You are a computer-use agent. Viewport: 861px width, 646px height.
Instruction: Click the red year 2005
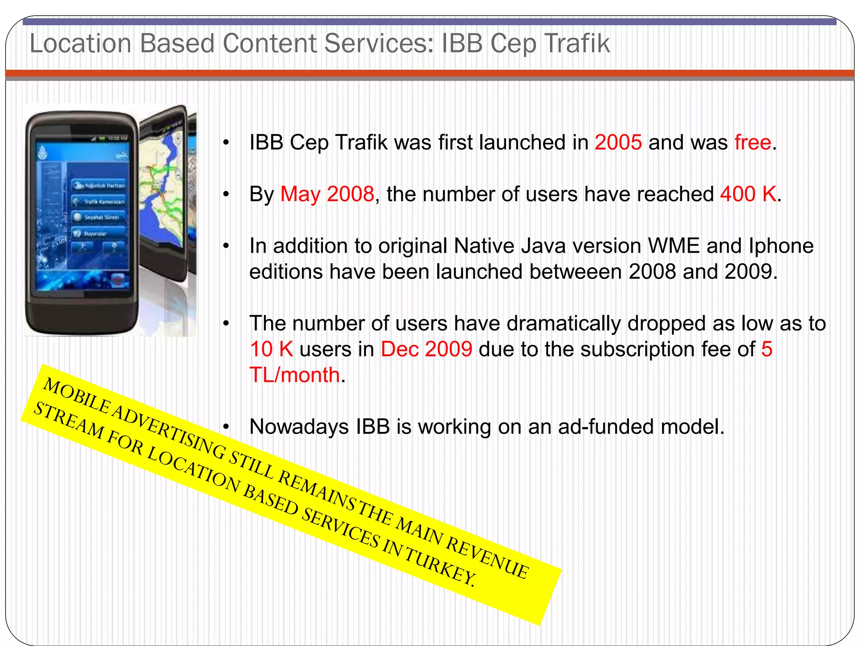pyautogui.click(x=618, y=143)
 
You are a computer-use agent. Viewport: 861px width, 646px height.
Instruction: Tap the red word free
pyautogui.click(x=753, y=143)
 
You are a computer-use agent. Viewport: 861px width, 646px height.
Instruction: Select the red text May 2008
pyautogui.click(x=327, y=194)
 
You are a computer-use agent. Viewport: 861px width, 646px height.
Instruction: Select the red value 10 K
pyautogui.click(x=271, y=349)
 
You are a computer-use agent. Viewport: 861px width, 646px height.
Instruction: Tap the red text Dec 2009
pyautogui.click(x=426, y=349)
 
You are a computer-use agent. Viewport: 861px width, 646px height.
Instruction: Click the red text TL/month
pyautogui.click(x=295, y=375)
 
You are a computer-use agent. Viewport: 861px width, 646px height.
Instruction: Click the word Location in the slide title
pyautogui.click(x=80, y=43)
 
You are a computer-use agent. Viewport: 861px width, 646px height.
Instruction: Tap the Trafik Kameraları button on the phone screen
pyautogui.click(x=100, y=202)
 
